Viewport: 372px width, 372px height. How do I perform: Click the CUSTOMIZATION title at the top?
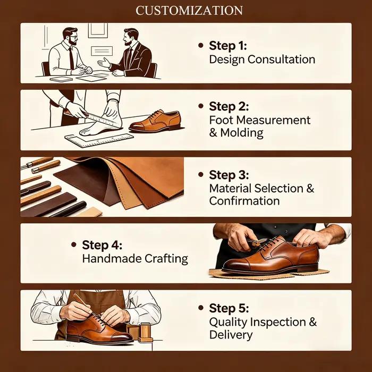pyautogui.click(x=189, y=11)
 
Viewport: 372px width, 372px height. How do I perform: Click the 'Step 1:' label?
pyautogui.click(x=228, y=46)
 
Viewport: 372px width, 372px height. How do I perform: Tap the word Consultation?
pyautogui.click(x=281, y=60)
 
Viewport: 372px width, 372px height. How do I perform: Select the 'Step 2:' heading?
pyautogui.click(x=229, y=106)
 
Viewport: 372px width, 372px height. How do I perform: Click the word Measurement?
pyautogui.click(x=273, y=120)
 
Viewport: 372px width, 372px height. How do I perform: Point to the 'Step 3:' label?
pyautogui.click(x=229, y=175)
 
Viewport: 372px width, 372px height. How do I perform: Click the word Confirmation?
pyautogui.click(x=244, y=201)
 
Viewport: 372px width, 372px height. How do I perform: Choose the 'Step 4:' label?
pyautogui.click(x=102, y=245)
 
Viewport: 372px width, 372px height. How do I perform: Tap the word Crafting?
pyautogui.click(x=166, y=259)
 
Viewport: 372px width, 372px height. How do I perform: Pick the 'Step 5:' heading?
pyautogui.click(x=229, y=308)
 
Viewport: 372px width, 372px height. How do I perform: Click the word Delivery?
pyautogui.click(x=231, y=335)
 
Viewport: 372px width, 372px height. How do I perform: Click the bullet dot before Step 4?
pyautogui.click(x=74, y=244)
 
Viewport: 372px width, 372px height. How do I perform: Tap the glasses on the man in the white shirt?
pyautogui.click(x=73, y=37)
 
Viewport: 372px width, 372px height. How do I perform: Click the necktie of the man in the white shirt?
pyautogui.click(x=71, y=58)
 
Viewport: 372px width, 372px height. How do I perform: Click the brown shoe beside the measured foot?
pyautogui.click(x=155, y=121)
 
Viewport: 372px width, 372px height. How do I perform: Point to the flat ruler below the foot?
pyautogui.click(x=99, y=141)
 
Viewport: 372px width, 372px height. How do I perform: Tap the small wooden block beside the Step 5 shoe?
pyautogui.click(x=145, y=332)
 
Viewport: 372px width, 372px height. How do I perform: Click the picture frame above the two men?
pyautogui.click(x=98, y=30)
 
